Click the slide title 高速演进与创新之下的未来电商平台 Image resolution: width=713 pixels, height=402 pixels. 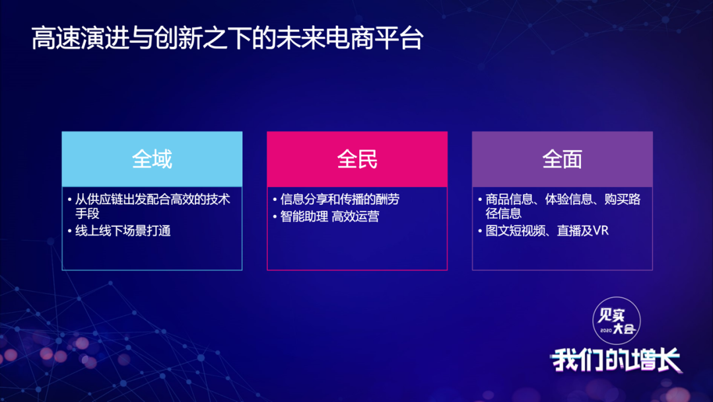[x=227, y=38]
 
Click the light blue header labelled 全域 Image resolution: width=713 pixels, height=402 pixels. [x=152, y=159]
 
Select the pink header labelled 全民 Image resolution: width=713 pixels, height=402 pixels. [x=357, y=159]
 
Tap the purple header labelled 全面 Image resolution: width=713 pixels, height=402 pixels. [x=562, y=159]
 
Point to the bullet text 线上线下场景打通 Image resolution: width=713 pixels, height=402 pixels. [x=123, y=231]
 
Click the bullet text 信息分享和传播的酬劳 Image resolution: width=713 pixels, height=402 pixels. [x=340, y=200]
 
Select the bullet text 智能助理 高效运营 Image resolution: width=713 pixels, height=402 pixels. [x=329, y=216]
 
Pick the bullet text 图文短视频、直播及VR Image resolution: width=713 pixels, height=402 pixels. [x=547, y=231]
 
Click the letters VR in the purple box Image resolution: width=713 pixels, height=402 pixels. [x=601, y=231]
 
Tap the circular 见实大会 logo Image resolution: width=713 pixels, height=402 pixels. [x=617, y=321]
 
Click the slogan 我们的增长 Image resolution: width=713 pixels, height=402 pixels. [x=616, y=360]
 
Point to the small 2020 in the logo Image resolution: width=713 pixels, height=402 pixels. [x=605, y=331]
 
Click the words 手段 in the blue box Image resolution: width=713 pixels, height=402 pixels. [x=87, y=214]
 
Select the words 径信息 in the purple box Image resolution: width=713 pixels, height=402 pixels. [x=503, y=214]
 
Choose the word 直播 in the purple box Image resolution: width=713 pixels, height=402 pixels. [x=569, y=231]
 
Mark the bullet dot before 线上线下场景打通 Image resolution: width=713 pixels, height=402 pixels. [x=69, y=231]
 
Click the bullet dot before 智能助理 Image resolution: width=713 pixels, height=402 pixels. [x=275, y=217]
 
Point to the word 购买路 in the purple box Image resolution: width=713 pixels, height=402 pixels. [x=623, y=200]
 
